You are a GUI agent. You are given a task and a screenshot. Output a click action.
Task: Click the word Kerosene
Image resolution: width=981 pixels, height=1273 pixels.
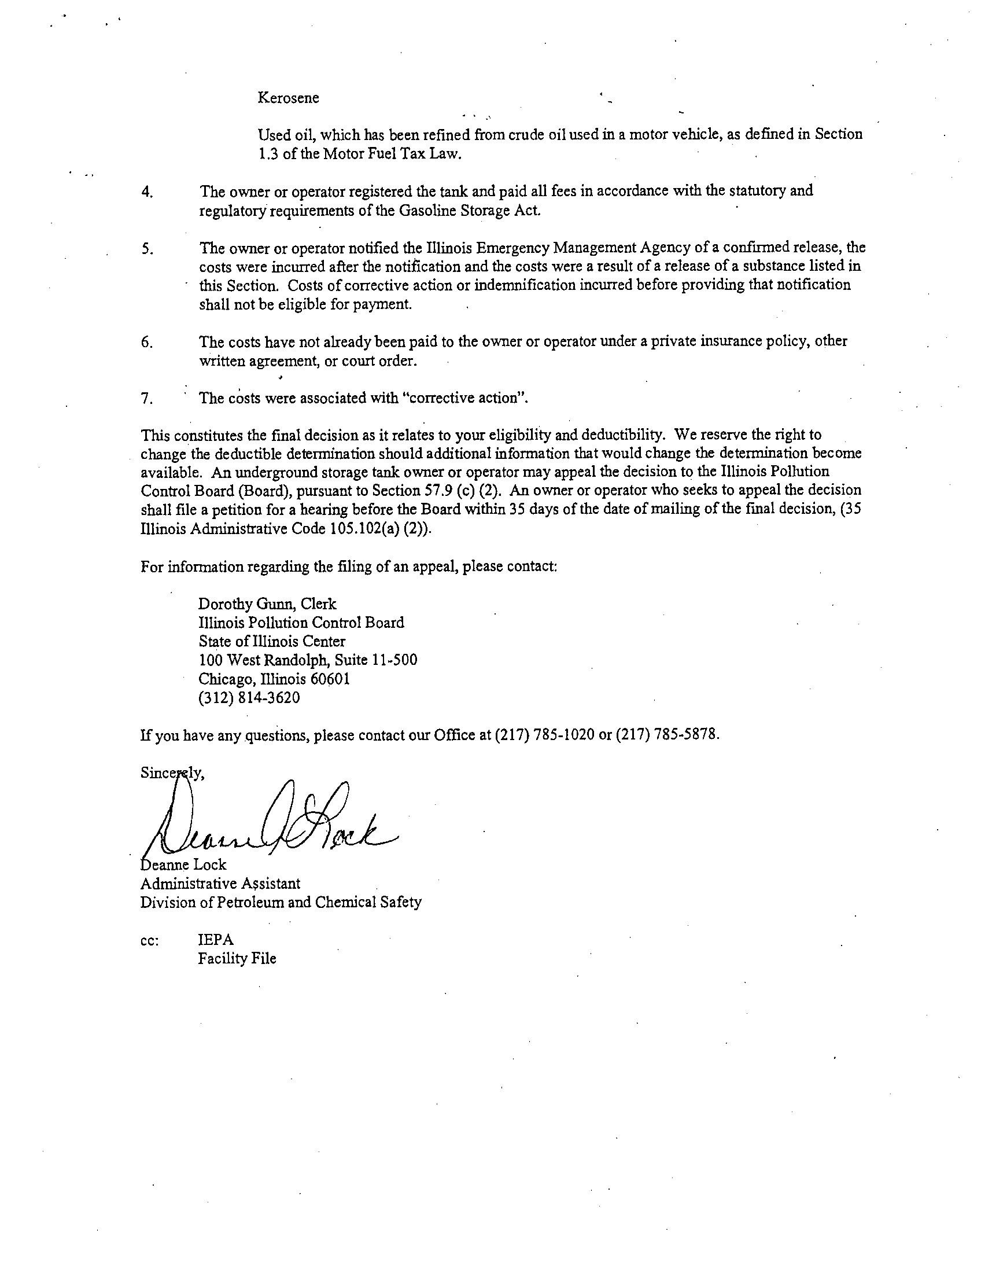tap(289, 98)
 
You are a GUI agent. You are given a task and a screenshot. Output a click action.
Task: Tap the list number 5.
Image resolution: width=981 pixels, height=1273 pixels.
tap(147, 249)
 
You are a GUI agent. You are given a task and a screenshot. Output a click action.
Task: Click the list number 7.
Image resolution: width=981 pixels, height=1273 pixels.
tap(147, 399)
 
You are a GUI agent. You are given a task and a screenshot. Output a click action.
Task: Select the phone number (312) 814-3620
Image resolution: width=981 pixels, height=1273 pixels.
tap(249, 698)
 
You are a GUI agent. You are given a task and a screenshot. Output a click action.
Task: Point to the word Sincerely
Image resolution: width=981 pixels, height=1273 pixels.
tap(172, 774)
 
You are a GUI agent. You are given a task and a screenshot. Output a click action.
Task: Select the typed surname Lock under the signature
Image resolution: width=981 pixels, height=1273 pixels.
tap(210, 865)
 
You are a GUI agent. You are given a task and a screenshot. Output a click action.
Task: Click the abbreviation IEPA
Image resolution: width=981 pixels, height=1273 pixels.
tap(216, 940)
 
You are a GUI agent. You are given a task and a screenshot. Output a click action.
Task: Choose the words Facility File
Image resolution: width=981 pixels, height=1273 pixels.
tap(237, 959)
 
